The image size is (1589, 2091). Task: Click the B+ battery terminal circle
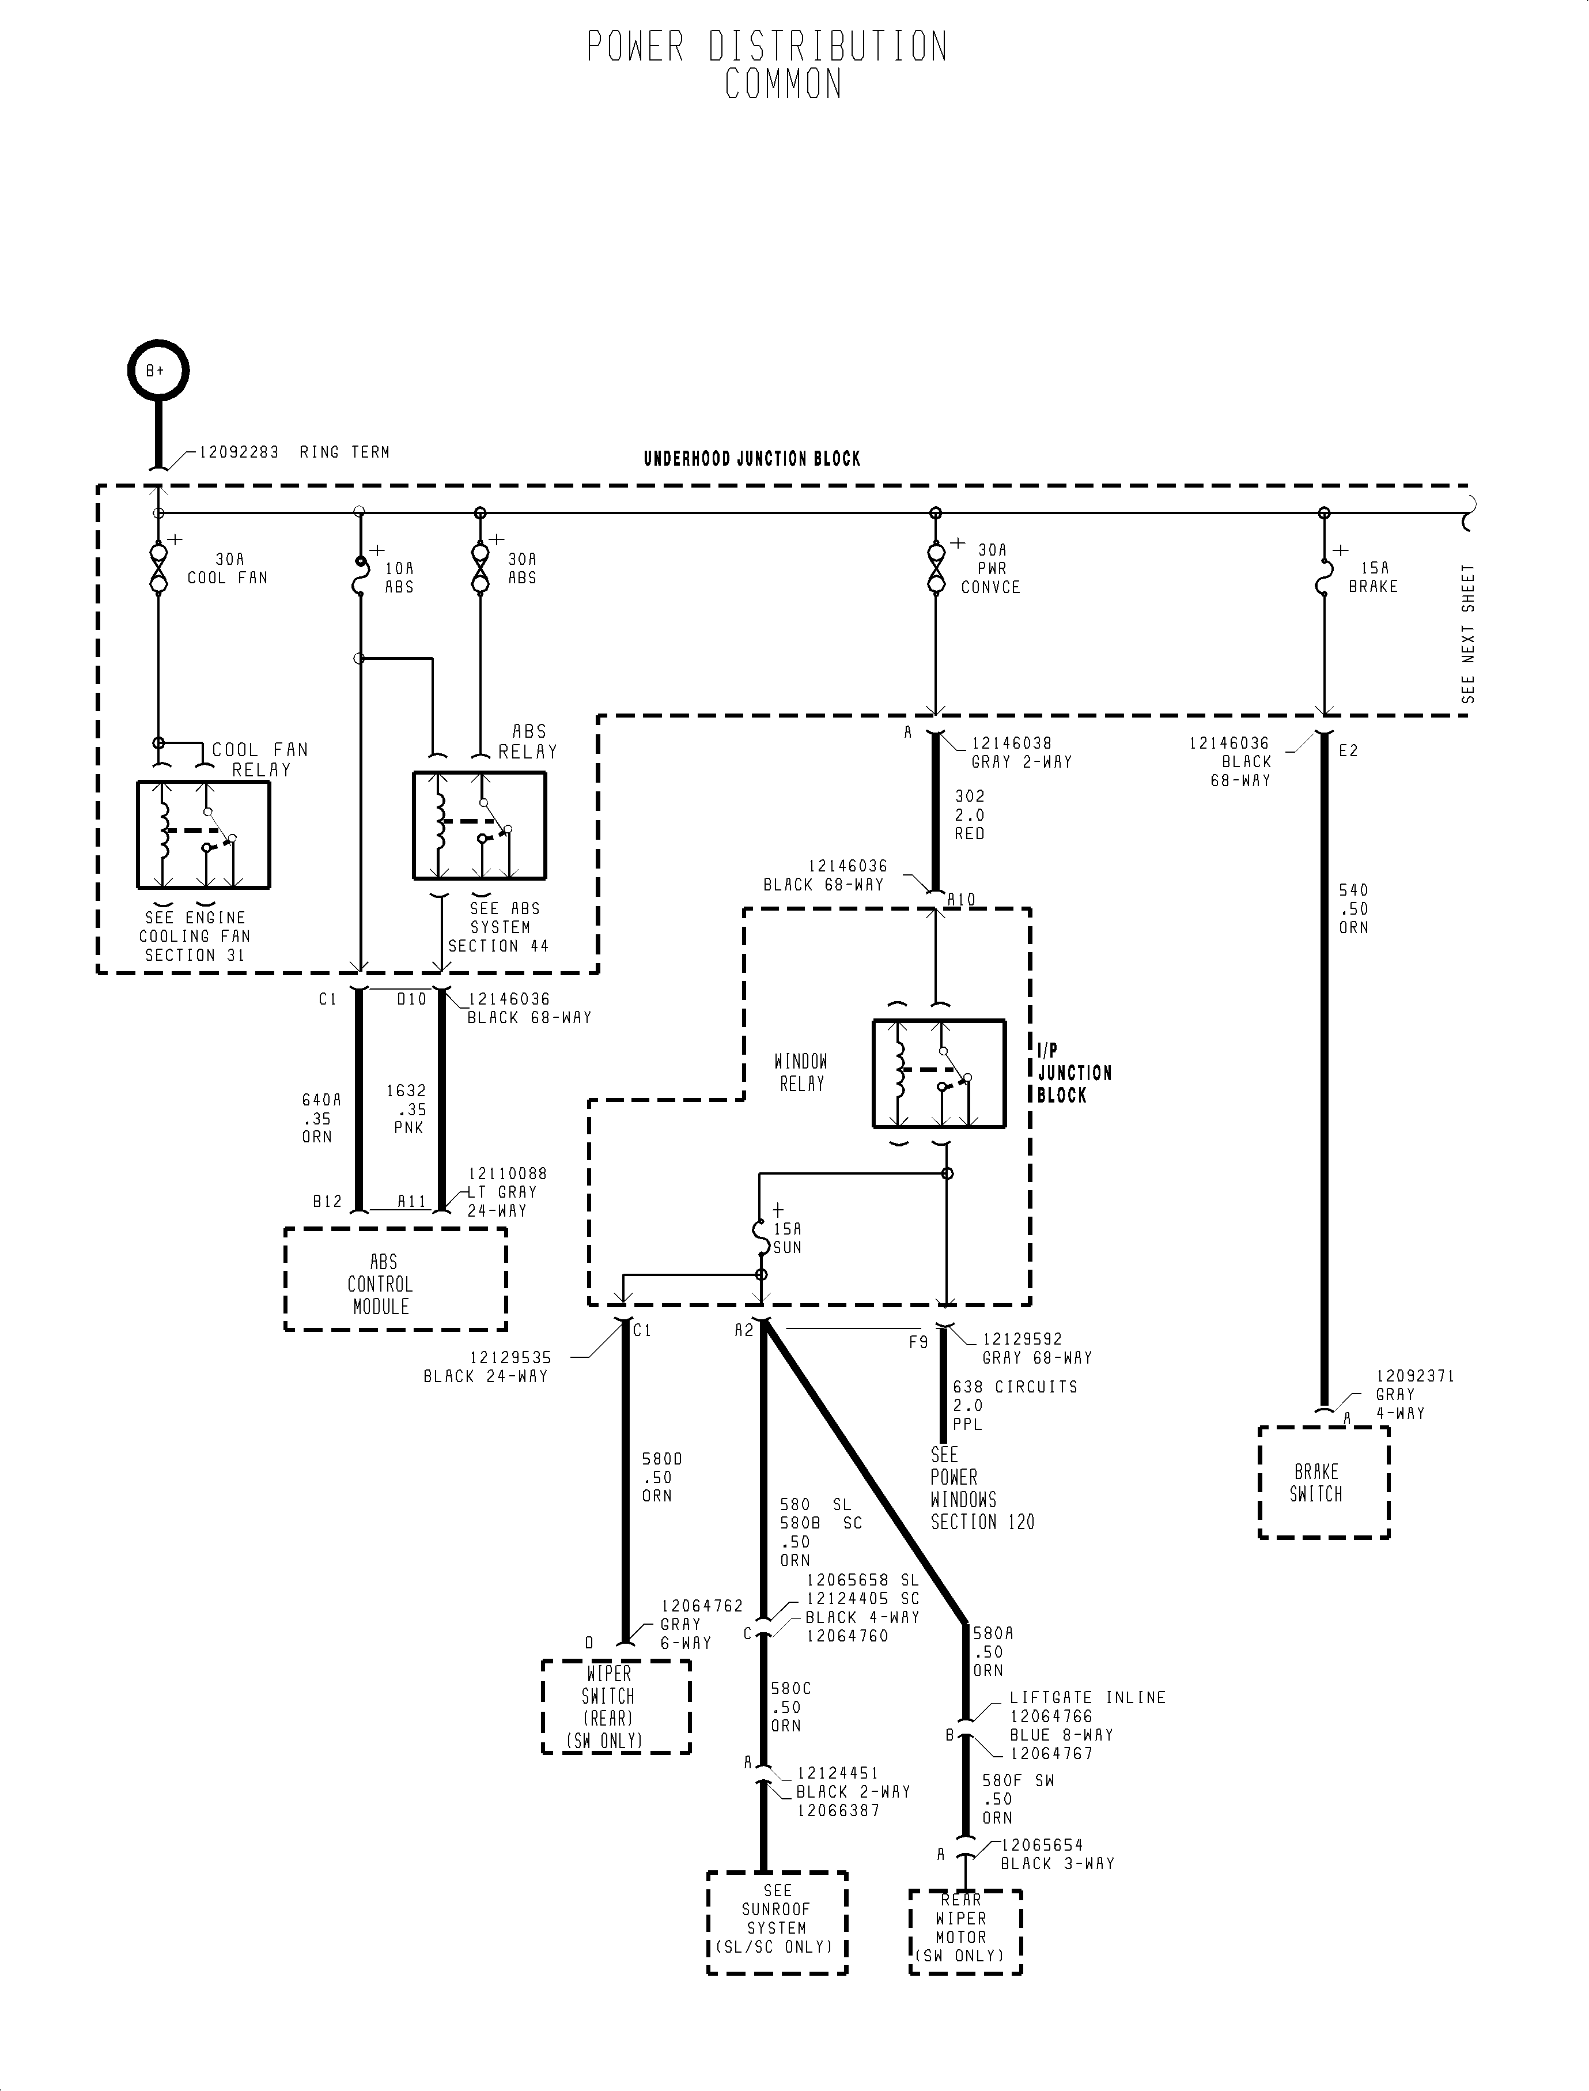point(158,371)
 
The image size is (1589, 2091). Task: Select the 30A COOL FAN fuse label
point(228,569)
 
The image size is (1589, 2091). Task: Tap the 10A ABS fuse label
point(399,577)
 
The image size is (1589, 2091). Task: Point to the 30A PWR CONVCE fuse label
point(990,569)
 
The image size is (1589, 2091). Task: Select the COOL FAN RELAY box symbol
point(203,835)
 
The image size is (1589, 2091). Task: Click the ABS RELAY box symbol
point(479,826)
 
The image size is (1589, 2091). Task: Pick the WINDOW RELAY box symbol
point(939,1074)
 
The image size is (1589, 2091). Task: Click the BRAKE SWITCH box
point(1323,1482)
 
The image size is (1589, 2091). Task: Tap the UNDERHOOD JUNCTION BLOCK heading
point(752,459)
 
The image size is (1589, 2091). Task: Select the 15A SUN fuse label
point(787,1237)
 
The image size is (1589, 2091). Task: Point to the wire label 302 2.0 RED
point(970,814)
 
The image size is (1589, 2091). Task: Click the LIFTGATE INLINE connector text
point(1087,1697)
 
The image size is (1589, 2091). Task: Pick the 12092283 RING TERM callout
point(293,452)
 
